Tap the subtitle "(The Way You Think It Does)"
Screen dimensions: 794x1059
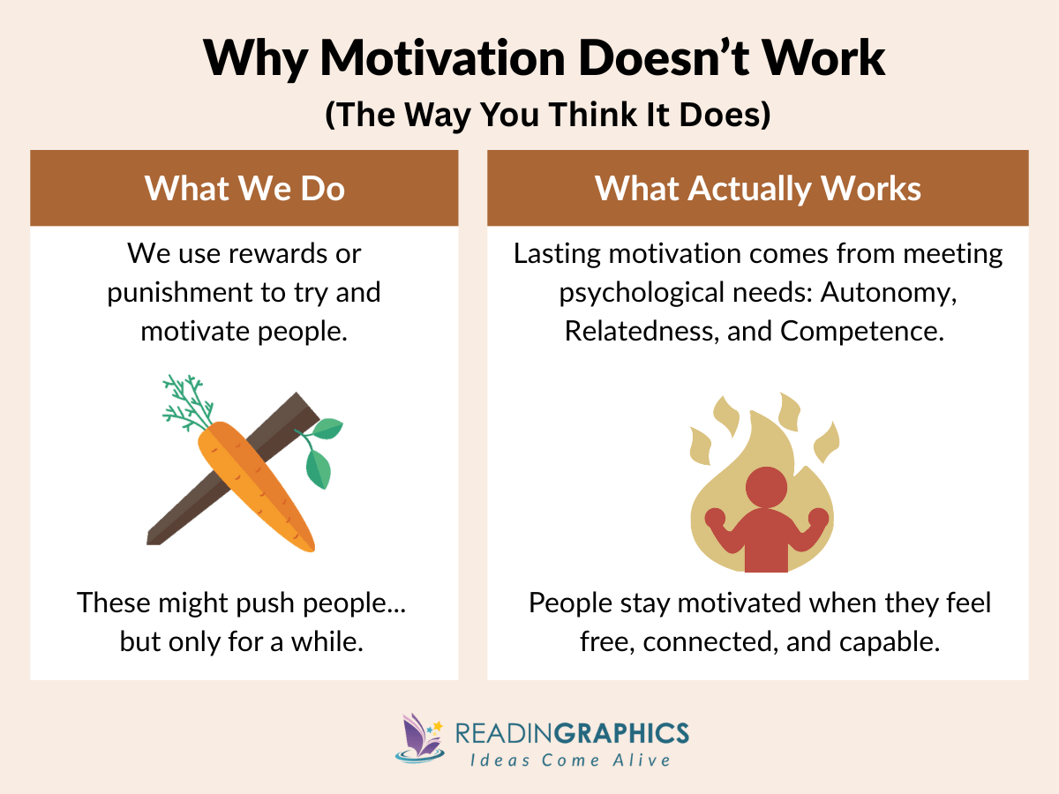coord(547,116)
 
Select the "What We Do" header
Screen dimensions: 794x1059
coord(244,188)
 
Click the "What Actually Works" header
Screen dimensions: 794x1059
coord(757,188)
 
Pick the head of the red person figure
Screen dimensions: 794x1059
coord(765,486)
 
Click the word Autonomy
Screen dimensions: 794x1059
coord(889,293)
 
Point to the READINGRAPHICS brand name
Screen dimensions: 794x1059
coord(572,732)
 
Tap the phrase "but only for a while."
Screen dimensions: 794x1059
coord(242,641)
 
